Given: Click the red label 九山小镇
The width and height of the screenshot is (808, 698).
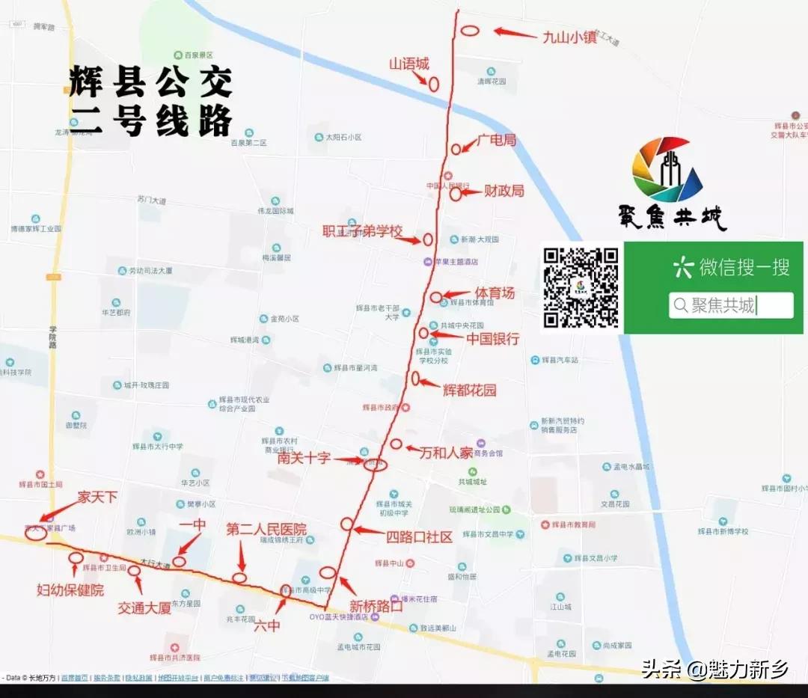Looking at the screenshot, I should (x=569, y=36).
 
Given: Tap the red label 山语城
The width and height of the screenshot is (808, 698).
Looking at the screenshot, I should (x=409, y=64).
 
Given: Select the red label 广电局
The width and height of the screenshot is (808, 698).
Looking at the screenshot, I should (x=497, y=140).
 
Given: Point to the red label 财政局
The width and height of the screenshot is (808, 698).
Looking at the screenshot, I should (x=504, y=191).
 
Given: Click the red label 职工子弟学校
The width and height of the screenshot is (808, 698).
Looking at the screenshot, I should (x=362, y=230).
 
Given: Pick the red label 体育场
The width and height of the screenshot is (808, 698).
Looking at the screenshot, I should (x=495, y=293).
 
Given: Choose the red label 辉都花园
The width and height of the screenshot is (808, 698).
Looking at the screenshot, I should (x=469, y=390).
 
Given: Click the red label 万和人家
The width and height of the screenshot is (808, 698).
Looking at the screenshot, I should (x=446, y=453).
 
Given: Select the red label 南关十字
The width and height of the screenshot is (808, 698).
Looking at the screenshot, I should (x=304, y=458).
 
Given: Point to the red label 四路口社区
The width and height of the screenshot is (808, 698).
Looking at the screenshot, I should (x=420, y=536).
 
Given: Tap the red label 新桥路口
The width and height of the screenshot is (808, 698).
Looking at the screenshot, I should (x=376, y=606).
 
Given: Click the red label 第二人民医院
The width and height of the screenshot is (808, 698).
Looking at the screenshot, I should (x=266, y=530).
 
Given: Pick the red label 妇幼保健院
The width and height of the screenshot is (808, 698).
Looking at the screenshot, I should (x=70, y=590).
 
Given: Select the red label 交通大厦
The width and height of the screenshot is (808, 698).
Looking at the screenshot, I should (x=144, y=608).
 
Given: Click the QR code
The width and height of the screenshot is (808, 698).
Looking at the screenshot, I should (x=581, y=287).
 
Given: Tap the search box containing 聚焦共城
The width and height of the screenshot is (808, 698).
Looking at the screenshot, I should (x=731, y=305).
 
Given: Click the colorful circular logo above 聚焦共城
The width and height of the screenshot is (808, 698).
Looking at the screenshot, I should (x=667, y=170).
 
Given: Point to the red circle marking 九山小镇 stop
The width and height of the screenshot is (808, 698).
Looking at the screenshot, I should (x=469, y=31).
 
